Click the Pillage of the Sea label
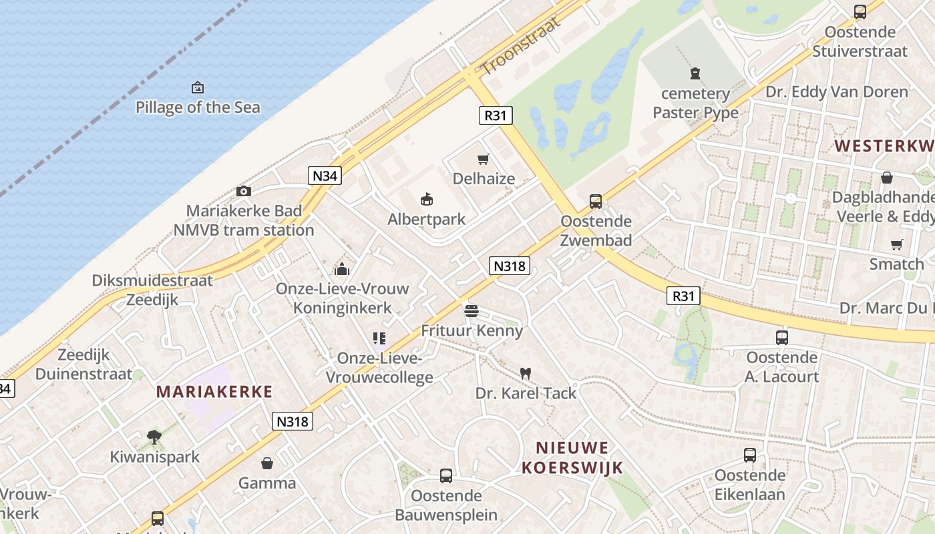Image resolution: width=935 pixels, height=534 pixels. tap(198, 107)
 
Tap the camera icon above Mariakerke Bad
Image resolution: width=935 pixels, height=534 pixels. tap(244, 192)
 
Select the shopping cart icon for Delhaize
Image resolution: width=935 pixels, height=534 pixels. tap(484, 160)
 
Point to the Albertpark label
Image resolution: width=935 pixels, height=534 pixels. tap(427, 220)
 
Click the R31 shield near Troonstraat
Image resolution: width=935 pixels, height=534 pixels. tap(496, 115)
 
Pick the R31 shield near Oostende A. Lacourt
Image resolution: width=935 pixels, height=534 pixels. tap(683, 295)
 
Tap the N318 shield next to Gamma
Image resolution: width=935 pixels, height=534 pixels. tap(293, 421)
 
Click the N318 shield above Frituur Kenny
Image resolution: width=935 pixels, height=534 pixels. tap(510, 266)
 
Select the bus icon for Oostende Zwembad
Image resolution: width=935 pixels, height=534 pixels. tap(595, 201)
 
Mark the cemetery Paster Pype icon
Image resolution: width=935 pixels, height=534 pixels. tap(695, 73)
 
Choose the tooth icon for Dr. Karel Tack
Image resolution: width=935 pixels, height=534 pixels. tap(526, 373)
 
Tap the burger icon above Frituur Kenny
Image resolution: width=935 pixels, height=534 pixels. tap(472, 310)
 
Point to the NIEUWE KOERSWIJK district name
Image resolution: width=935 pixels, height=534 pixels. tap(572, 457)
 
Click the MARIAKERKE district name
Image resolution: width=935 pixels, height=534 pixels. tap(214, 392)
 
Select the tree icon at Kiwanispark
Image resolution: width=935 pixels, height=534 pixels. tap(154, 437)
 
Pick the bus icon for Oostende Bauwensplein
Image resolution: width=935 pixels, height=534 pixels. tap(446, 476)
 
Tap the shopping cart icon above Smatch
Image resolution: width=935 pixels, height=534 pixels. tap(896, 244)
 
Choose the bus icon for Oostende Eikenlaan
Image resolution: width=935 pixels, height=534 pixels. tap(750, 455)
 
